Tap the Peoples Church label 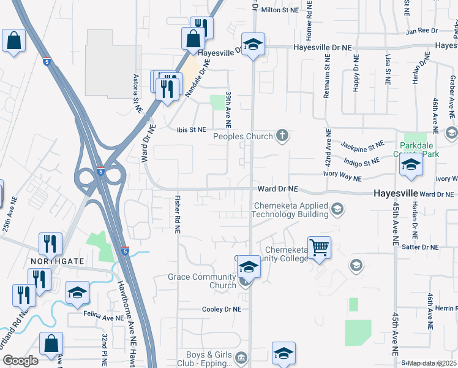click(x=242, y=136)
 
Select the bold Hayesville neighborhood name click(x=400, y=193)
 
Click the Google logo click(x=20, y=361)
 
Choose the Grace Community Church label click(x=202, y=281)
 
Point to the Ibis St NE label click(x=191, y=129)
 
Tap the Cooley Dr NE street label click(x=221, y=310)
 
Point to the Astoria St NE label click(x=137, y=93)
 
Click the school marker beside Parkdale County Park click(x=411, y=165)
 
